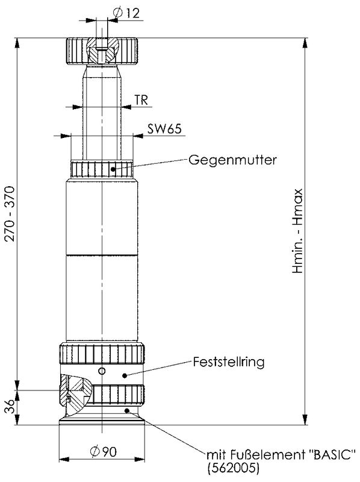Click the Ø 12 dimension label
(126, 13)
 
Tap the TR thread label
(141, 100)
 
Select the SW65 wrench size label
(164, 129)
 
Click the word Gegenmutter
(232, 160)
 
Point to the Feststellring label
(229, 362)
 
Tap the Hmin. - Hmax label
(297, 231)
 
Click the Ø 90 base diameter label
(104, 451)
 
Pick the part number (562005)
(233, 468)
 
